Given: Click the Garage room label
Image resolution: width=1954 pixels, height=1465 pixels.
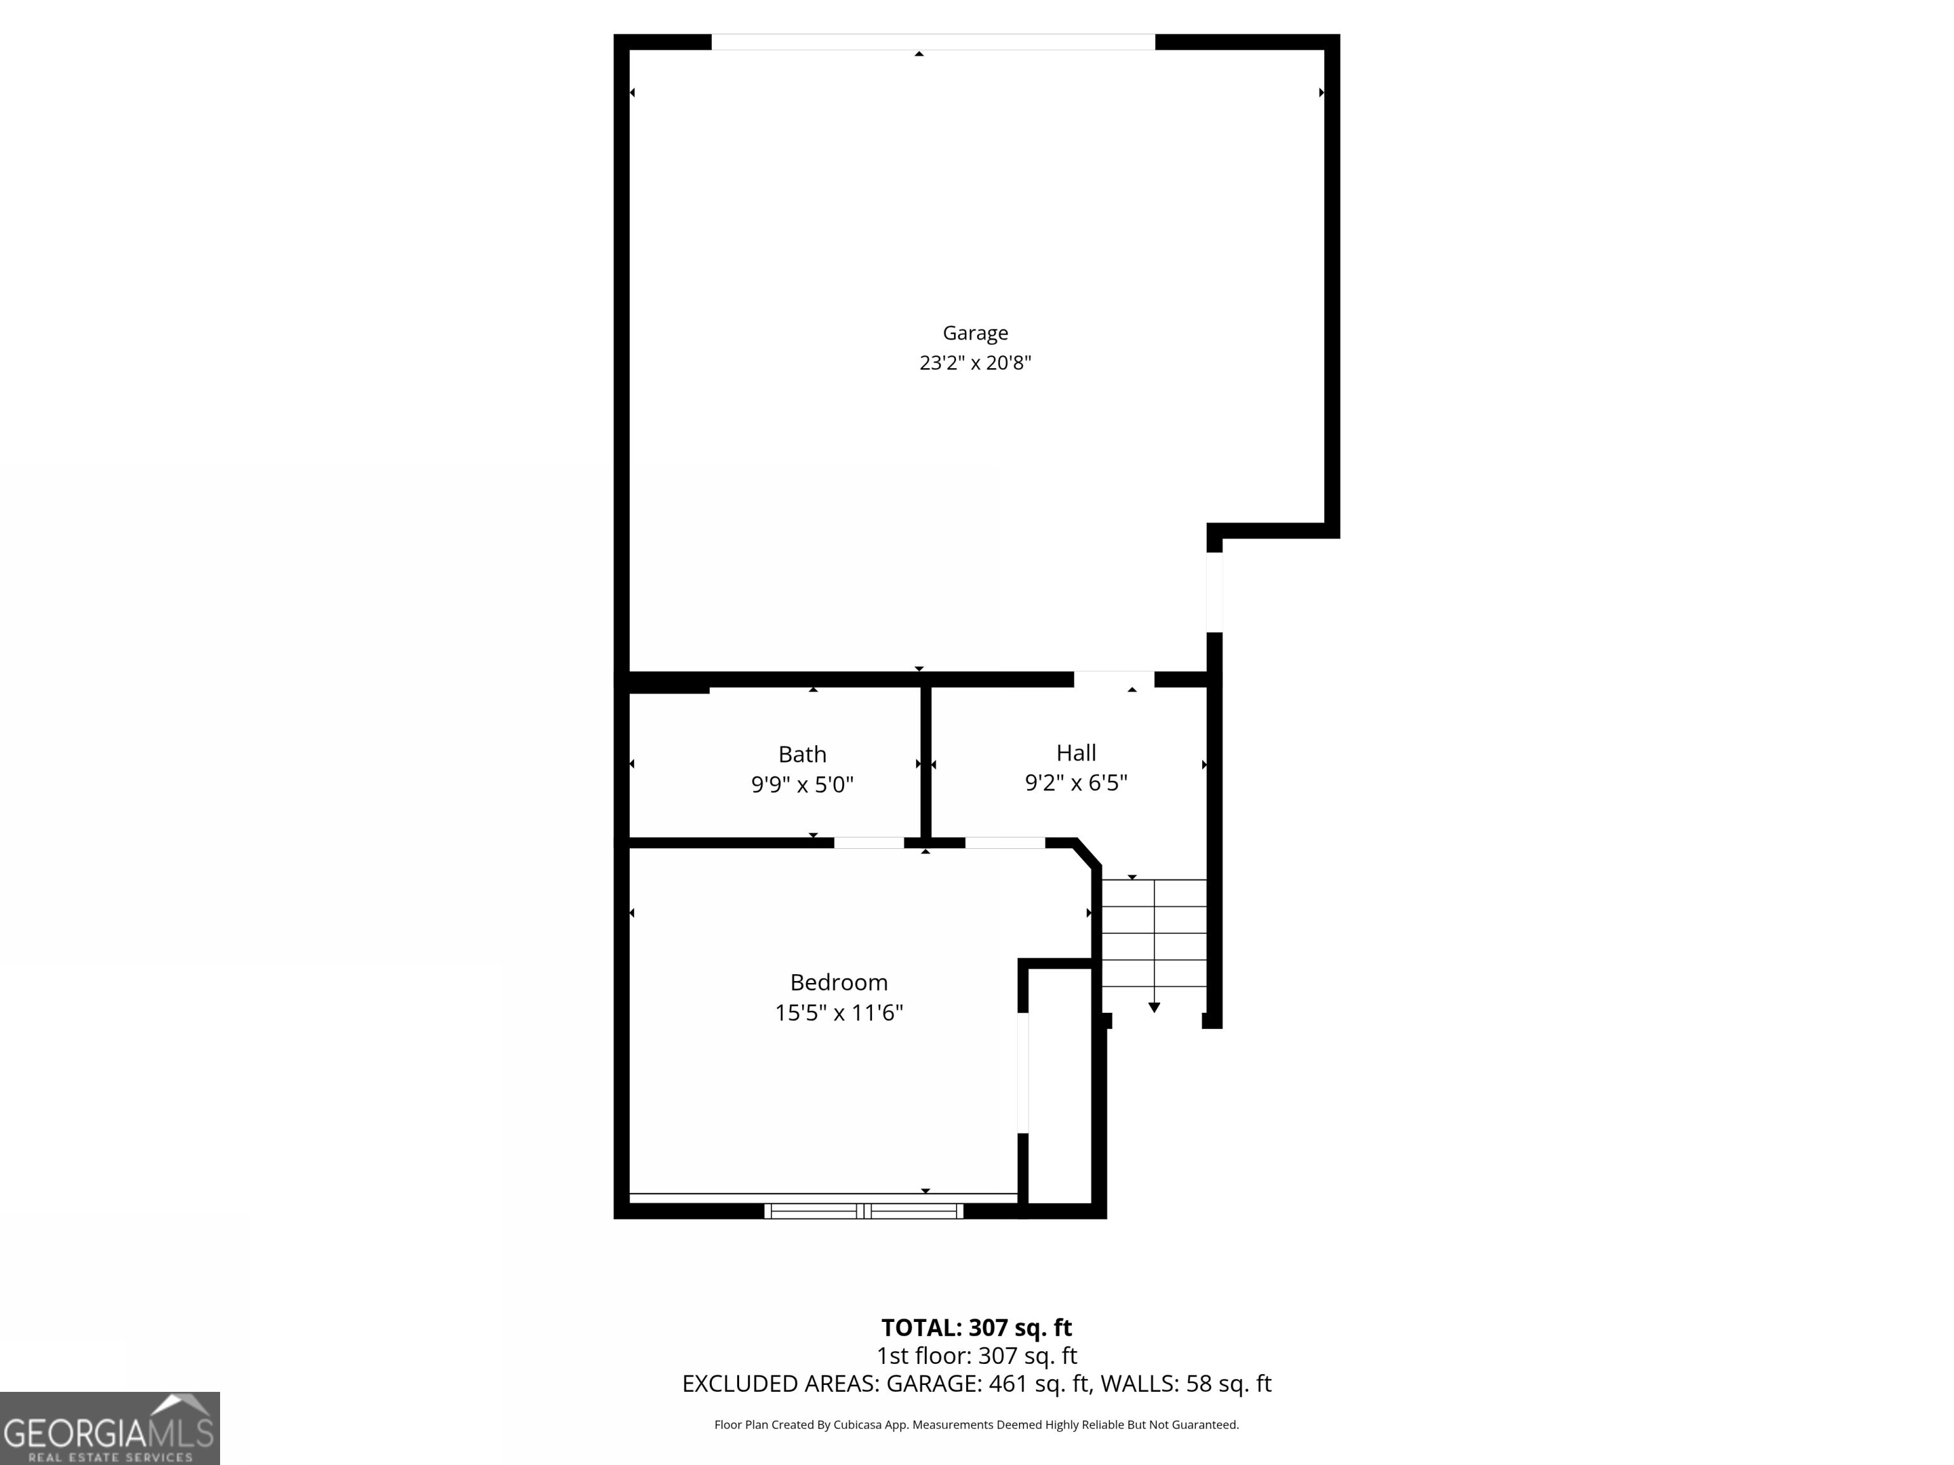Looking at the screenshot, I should tap(975, 333).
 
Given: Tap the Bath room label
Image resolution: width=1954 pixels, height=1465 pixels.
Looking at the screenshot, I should tap(802, 754).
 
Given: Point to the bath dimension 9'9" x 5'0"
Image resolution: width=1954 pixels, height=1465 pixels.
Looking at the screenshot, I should tap(802, 784).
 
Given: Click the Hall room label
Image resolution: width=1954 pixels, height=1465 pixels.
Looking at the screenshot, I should tap(1076, 752).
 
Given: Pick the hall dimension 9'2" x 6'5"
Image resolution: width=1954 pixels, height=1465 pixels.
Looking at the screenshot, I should tap(1076, 782).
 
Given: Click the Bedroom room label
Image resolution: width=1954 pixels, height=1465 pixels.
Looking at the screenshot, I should tap(838, 982).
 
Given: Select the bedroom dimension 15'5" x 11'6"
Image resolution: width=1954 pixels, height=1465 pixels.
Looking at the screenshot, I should tap(838, 1012).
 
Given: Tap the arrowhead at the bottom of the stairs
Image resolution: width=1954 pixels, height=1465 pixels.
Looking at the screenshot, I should tap(1154, 1007).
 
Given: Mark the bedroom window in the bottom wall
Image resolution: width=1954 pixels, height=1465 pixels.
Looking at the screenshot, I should tap(863, 1211).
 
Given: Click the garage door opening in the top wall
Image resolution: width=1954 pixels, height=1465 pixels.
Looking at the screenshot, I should tap(933, 41).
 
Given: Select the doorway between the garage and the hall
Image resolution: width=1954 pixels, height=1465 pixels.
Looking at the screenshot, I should tap(1113, 678).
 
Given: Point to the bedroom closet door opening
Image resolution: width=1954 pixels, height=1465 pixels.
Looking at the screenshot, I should tap(1023, 1072).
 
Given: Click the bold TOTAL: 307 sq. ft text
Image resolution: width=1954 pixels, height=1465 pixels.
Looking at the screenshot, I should tap(976, 1327).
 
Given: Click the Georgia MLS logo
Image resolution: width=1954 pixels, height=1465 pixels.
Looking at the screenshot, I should tap(109, 1428).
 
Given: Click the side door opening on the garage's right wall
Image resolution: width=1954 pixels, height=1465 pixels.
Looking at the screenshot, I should tap(1215, 591).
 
